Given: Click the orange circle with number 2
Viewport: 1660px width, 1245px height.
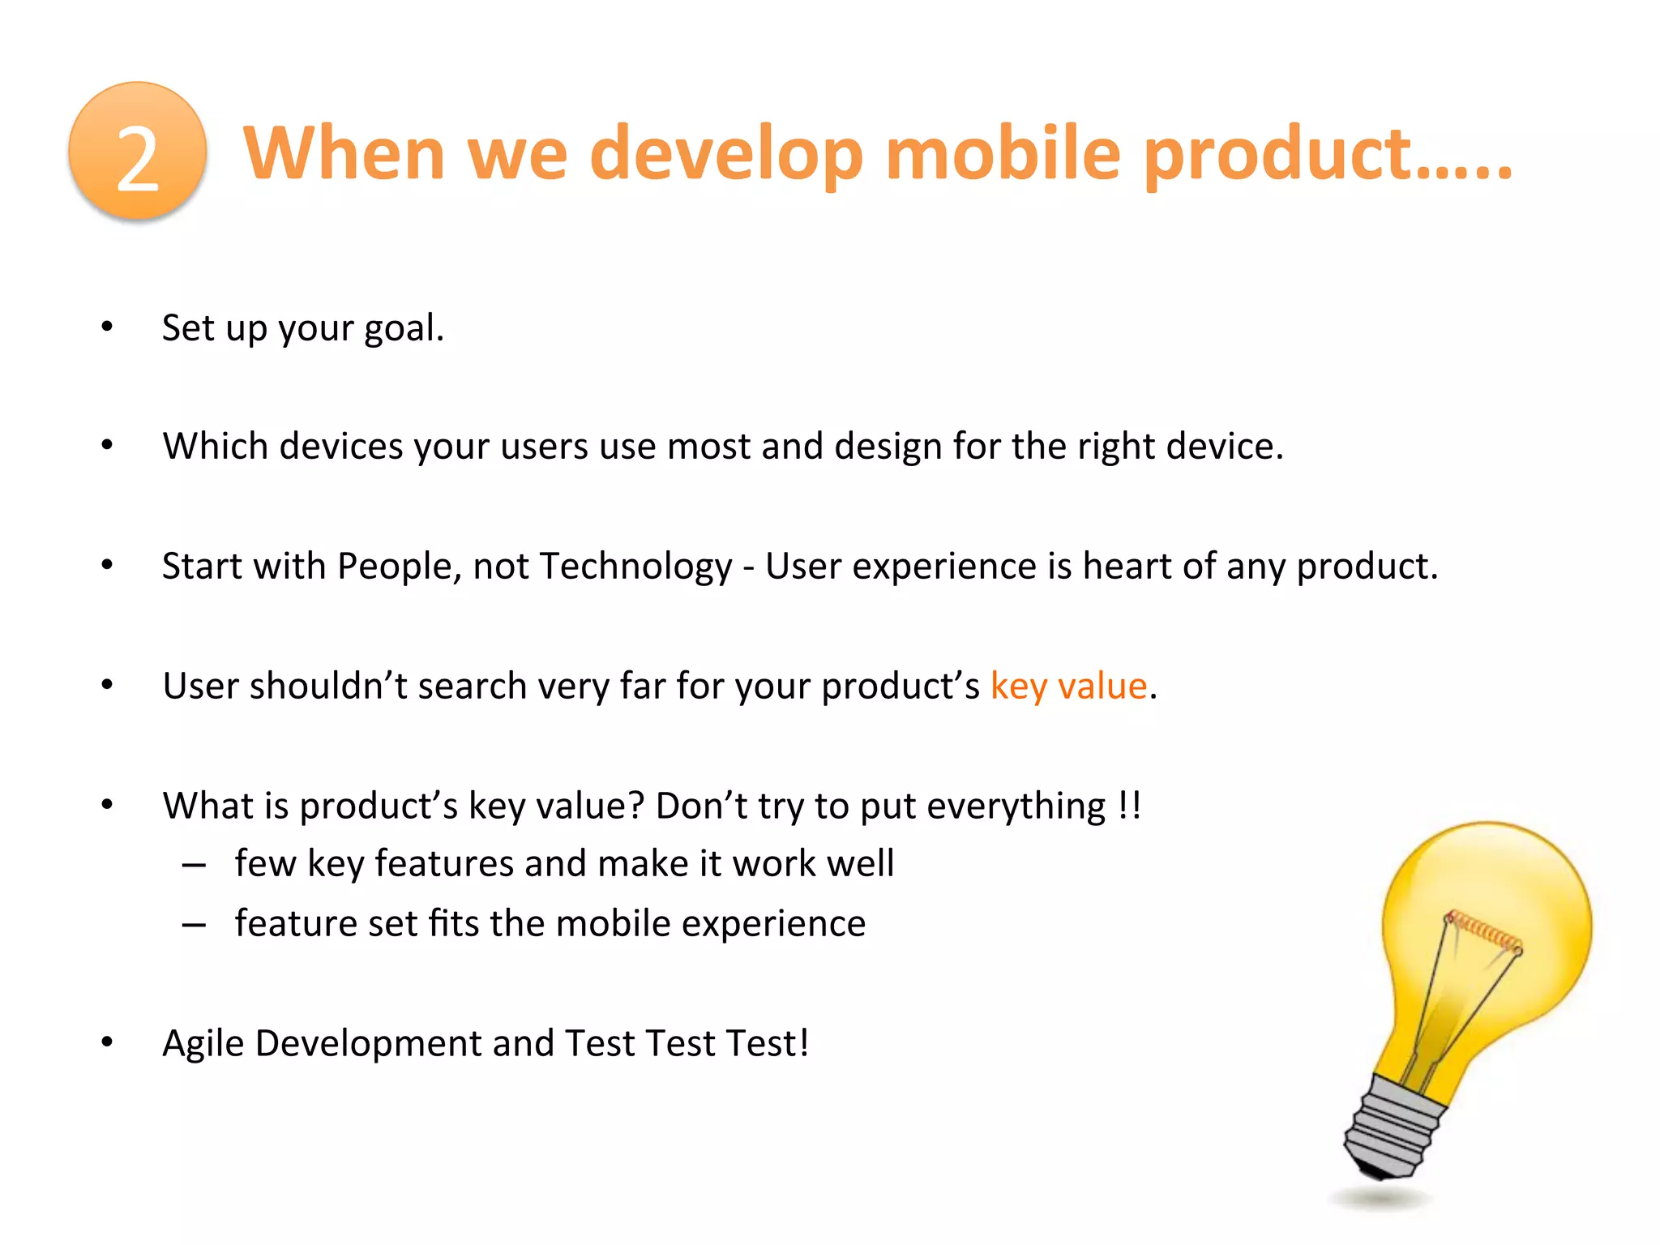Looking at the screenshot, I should pyautogui.click(x=138, y=152).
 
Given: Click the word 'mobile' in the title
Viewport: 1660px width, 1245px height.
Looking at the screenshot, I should pyautogui.click(x=1003, y=154).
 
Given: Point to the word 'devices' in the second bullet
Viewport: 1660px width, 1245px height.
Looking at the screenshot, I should pyautogui.click(x=340, y=447).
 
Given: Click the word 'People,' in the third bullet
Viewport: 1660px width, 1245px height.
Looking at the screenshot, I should pyautogui.click(x=399, y=567).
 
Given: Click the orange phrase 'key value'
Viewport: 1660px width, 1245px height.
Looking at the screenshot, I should pyautogui.click(x=1068, y=687).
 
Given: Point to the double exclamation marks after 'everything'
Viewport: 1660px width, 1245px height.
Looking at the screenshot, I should pyautogui.click(x=1129, y=805).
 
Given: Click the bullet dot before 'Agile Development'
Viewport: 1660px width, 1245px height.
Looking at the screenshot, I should pyautogui.click(x=107, y=1042).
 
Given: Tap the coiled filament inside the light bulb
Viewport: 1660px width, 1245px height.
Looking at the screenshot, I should pyautogui.click(x=1483, y=930).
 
